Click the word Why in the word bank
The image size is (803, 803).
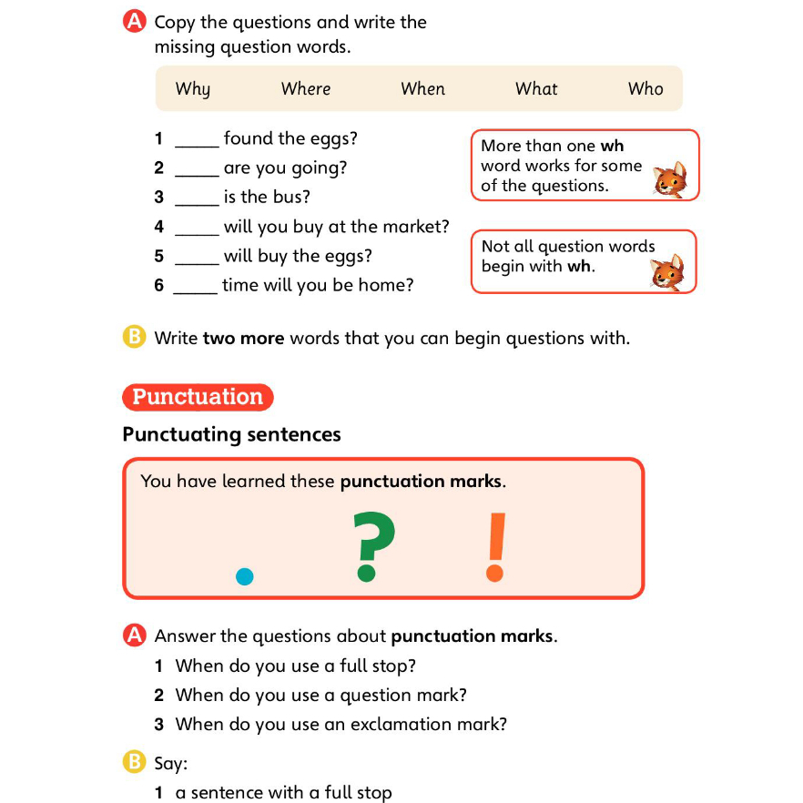[192, 89]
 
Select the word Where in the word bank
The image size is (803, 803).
[306, 89]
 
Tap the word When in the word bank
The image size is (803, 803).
[422, 89]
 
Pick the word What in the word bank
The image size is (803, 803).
[536, 89]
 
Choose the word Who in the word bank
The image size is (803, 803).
[645, 89]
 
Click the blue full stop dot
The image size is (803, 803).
[244, 575]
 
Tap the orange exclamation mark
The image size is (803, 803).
[494, 546]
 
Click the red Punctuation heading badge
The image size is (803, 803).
[198, 397]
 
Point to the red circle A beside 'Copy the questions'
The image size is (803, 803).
[134, 22]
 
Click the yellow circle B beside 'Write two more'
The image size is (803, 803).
[134, 338]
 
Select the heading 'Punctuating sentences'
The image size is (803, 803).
[231, 434]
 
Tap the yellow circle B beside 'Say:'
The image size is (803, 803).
[134, 761]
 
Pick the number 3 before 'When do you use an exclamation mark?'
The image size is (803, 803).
[158, 725]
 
